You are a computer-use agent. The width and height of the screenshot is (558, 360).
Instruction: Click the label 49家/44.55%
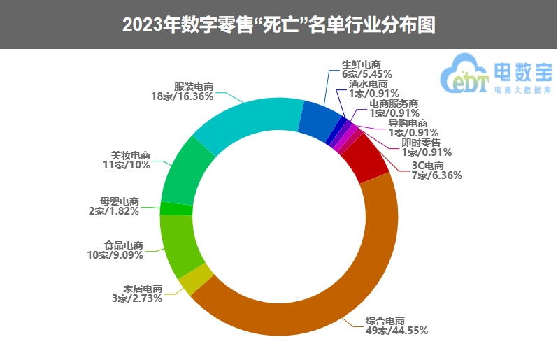396,331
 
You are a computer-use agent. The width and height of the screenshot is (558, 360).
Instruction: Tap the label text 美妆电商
131,155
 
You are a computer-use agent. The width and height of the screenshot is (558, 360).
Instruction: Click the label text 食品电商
124,245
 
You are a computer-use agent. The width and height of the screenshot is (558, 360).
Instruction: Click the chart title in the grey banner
279,24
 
